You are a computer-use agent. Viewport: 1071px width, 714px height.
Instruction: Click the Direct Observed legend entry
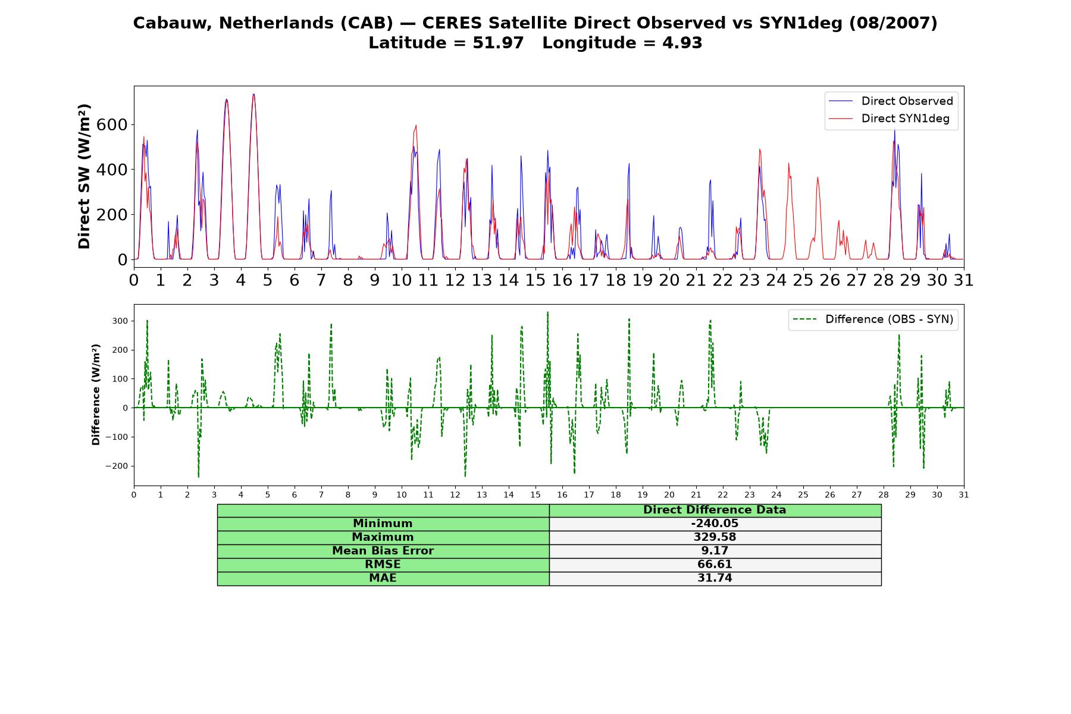coord(891,101)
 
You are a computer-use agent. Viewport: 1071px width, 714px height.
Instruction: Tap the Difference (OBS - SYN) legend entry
coord(873,320)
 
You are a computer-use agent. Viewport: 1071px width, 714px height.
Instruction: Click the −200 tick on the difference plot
coord(117,466)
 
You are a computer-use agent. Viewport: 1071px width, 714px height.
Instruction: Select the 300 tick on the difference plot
coord(120,321)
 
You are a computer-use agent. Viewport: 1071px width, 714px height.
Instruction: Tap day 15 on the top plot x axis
coord(535,280)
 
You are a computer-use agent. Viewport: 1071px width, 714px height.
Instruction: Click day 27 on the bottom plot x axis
coord(857,494)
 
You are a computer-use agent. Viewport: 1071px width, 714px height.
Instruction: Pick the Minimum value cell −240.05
coord(715,524)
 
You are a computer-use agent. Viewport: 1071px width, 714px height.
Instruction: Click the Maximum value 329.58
coord(715,537)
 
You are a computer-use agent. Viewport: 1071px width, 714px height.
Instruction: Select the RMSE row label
coord(383,565)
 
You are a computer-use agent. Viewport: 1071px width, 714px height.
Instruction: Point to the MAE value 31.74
coord(715,578)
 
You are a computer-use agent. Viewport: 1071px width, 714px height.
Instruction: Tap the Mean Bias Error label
coord(383,551)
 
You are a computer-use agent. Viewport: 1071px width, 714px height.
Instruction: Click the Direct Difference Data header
coord(715,510)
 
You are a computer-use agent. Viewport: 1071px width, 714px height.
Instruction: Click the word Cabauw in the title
coord(173,23)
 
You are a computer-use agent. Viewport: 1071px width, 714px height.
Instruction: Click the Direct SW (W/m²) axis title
coord(84,177)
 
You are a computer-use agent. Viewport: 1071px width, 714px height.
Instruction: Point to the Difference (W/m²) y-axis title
coord(96,394)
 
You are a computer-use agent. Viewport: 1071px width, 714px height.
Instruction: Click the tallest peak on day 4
coord(253,94)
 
